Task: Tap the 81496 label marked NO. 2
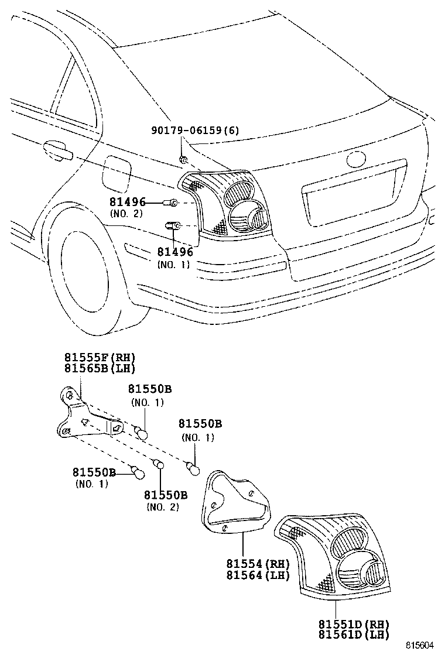126,202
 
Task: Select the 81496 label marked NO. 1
174,252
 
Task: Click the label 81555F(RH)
100,357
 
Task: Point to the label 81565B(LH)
100,368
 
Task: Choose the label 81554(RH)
258,564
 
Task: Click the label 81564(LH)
258,575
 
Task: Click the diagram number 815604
421,645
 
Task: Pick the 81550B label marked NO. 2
166,495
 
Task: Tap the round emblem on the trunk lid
355,159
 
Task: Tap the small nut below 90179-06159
183,159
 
